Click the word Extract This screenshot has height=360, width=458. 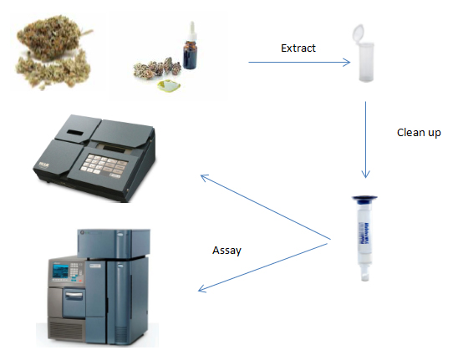(298, 48)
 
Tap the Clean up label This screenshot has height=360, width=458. (419, 133)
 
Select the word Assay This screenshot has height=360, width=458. (226, 251)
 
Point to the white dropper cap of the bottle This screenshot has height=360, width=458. (191, 31)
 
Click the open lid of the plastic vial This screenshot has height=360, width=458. (358, 33)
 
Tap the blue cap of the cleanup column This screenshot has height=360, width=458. (364, 199)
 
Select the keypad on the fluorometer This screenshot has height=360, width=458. (104, 165)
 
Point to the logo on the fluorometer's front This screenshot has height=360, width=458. (44, 165)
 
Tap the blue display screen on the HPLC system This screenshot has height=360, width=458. (60, 271)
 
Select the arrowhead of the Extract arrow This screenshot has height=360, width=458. (347, 62)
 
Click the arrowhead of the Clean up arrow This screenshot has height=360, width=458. (365, 174)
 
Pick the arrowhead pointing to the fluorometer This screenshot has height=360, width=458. (205, 178)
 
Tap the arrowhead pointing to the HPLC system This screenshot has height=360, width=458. (202, 289)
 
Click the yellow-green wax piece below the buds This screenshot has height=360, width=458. (169, 85)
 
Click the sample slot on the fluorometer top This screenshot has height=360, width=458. (75, 133)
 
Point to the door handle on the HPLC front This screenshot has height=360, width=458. (74, 296)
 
